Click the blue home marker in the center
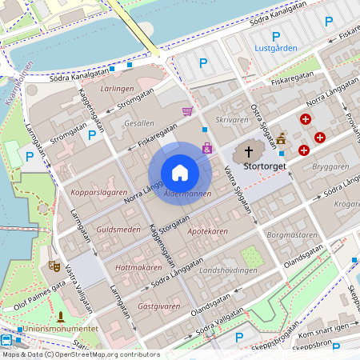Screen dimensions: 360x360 [180, 173]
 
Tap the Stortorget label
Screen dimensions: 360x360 [263, 167]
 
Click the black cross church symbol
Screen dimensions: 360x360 [248, 150]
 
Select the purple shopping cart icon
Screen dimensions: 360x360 [188, 111]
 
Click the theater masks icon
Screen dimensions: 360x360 [54, 264]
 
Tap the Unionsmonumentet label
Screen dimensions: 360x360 [61, 329]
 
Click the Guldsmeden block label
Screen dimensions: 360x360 [118, 230]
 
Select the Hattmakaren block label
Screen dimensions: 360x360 [138, 267]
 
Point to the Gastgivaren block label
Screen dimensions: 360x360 [157, 306]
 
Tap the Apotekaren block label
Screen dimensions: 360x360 [207, 231]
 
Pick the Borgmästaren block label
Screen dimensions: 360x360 [293, 236]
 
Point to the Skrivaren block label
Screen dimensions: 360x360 [233, 119]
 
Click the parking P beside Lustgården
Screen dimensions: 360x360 [276, 36]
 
